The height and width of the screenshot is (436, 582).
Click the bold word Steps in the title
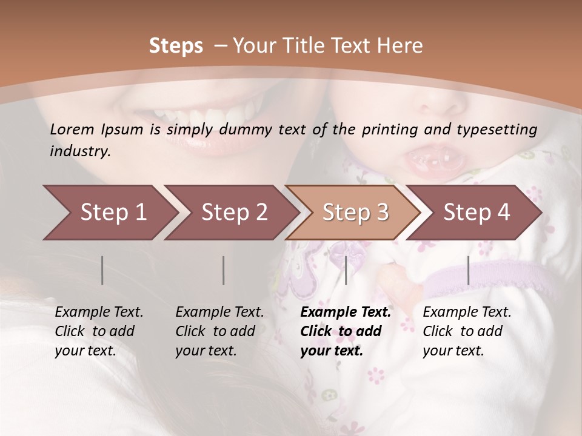point(176,46)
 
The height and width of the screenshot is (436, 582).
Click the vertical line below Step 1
point(102,270)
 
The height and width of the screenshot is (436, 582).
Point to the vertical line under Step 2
point(224,270)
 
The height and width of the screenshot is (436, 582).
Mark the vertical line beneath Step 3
point(346,270)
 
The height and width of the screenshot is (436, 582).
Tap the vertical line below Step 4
point(468,270)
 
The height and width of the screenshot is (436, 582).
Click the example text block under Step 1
point(99,331)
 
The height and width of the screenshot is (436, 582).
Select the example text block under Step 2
point(219,331)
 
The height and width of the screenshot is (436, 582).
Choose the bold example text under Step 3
point(346,331)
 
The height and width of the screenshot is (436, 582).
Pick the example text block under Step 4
point(467,331)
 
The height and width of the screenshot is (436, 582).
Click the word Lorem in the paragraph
point(72,129)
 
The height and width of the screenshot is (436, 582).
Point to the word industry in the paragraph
point(79,151)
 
